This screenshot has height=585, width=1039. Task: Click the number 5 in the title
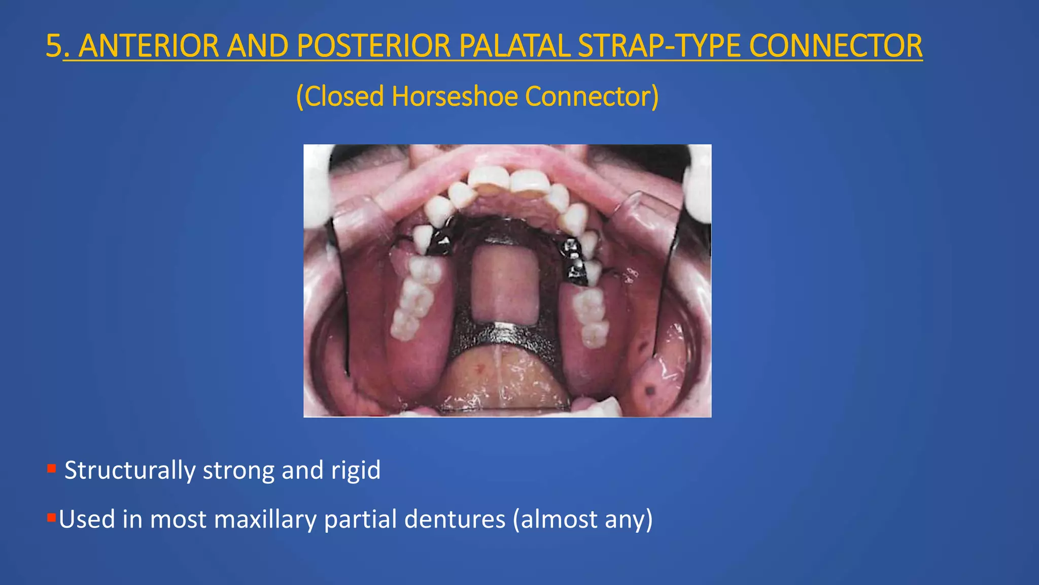pyautogui.click(x=54, y=46)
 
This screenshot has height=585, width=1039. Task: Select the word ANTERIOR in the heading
pyautogui.click(x=149, y=46)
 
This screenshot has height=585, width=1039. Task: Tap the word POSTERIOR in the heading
pyautogui.click(x=373, y=46)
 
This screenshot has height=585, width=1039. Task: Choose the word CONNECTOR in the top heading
pyautogui.click(x=835, y=46)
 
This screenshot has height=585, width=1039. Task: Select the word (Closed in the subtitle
pyautogui.click(x=339, y=96)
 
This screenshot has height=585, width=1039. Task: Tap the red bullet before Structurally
pyautogui.click(x=51, y=469)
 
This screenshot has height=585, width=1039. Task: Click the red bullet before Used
pyautogui.click(x=51, y=518)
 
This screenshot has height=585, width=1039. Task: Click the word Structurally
pyautogui.click(x=129, y=470)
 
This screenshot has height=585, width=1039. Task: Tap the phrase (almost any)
pyautogui.click(x=582, y=519)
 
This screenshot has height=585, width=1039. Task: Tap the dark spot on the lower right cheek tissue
pyautogui.click(x=650, y=391)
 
